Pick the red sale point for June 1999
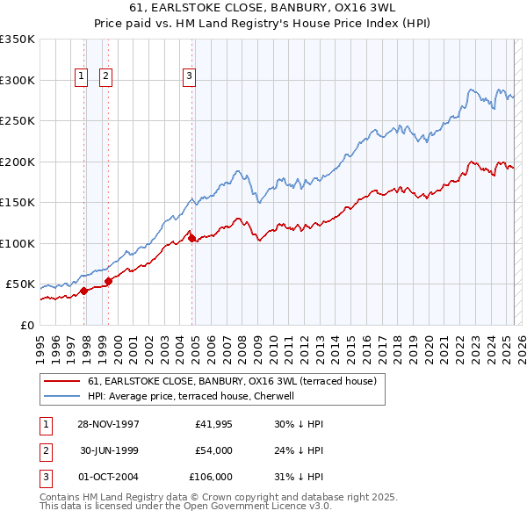[x=109, y=281]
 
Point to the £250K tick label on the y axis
[x=18, y=121]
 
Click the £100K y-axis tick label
[x=18, y=243]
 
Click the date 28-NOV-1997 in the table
[x=109, y=423]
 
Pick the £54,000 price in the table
[x=213, y=450]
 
